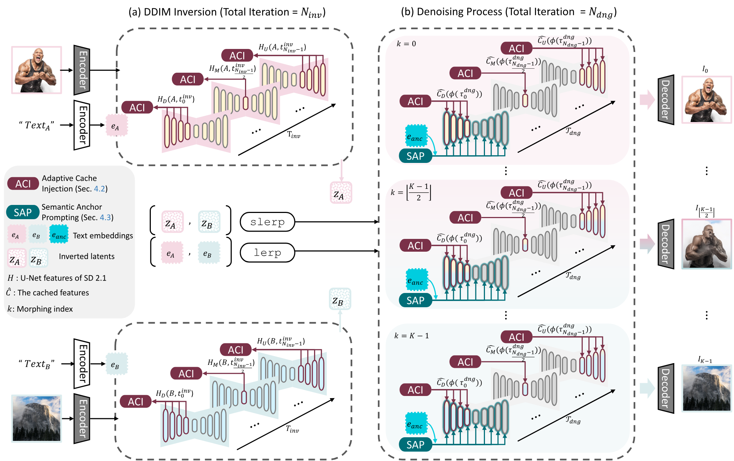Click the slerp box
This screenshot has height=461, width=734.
click(267, 222)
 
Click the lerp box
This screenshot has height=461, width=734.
click(267, 253)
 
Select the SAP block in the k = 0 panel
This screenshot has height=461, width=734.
click(416, 156)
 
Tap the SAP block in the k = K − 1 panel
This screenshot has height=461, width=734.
click(416, 445)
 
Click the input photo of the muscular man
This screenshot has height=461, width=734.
click(36, 70)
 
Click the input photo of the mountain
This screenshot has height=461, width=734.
click(36, 418)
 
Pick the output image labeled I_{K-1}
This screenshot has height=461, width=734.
click(706, 388)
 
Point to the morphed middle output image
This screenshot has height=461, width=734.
click(706, 244)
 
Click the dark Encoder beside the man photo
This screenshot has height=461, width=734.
click(82, 70)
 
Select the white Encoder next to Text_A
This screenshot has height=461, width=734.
click(82, 125)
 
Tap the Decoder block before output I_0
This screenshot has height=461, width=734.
click(665, 99)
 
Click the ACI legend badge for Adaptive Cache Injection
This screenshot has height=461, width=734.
click(23, 184)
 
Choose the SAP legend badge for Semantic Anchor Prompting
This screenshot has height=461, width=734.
click(23, 212)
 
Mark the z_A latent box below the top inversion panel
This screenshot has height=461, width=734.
click(341, 193)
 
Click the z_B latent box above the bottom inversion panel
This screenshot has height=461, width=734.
click(340, 299)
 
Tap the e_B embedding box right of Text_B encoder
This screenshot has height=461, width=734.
click(116, 364)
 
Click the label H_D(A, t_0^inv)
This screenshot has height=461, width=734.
click(176, 99)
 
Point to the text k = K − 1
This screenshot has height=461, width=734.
click(412, 336)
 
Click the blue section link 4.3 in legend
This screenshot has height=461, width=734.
click(105, 217)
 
